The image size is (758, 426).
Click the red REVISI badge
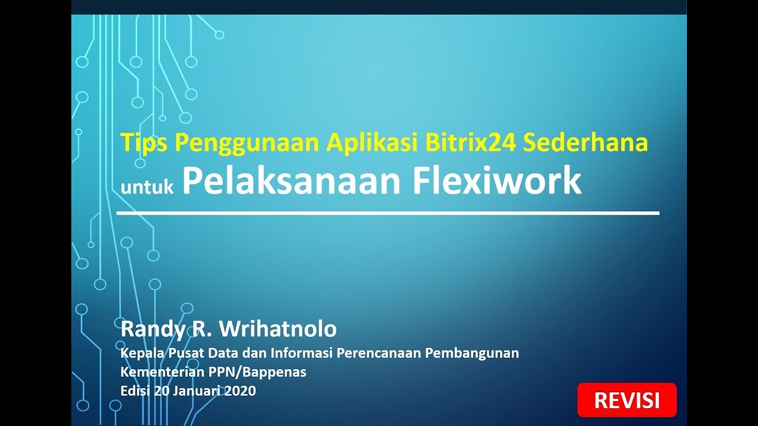[x=627, y=400]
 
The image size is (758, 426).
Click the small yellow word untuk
[x=147, y=188]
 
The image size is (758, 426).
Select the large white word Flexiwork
[x=497, y=181]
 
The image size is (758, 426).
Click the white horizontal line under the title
[x=388, y=213]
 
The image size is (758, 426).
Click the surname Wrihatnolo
[x=278, y=328]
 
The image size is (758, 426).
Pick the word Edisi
[x=135, y=390]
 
